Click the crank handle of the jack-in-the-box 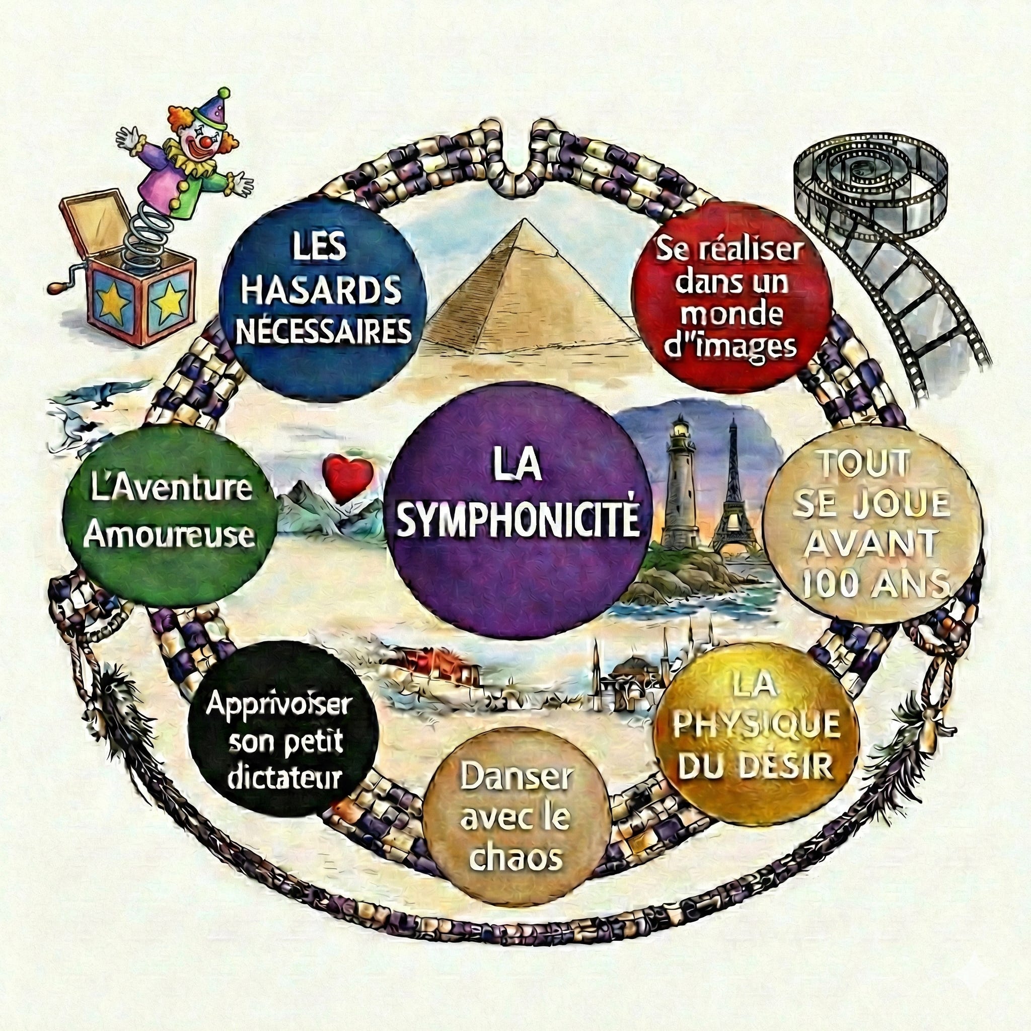[57, 285]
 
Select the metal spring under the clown [142, 235]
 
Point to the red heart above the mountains [347, 477]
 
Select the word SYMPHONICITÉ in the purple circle [518, 521]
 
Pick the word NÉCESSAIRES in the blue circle [323, 331]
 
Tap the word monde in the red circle [731, 315]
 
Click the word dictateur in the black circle [284, 776]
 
